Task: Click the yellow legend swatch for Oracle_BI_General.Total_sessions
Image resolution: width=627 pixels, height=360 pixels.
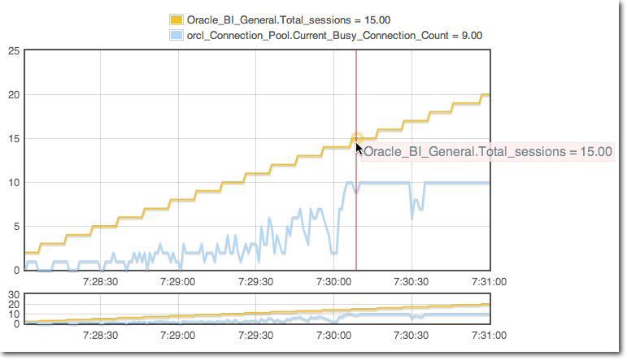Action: tap(176, 20)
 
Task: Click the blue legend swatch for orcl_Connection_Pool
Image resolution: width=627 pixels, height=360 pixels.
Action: tap(176, 36)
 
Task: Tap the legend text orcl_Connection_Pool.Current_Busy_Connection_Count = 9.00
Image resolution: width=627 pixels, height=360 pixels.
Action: tap(334, 36)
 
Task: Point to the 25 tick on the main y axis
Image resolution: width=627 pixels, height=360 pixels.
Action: tap(14, 51)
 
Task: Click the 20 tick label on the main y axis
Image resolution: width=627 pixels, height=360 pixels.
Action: tap(14, 95)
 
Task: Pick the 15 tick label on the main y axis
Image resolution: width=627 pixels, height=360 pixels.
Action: tap(14, 139)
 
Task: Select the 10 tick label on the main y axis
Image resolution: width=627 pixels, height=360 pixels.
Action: tap(14, 183)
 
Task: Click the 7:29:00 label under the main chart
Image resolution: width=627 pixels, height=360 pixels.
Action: tap(177, 282)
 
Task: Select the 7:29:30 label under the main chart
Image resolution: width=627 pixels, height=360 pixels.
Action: tap(255, 282)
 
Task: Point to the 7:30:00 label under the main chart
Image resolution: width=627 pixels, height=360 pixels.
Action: tap(333, 282)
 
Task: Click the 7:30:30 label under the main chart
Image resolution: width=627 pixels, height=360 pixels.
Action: tap(411, 282)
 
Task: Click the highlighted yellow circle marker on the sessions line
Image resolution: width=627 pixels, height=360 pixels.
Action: tap(356, 138)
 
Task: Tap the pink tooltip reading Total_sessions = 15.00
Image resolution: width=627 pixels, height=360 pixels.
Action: tap(487, 151)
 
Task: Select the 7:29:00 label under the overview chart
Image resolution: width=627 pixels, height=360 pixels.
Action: tap(177, 336)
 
